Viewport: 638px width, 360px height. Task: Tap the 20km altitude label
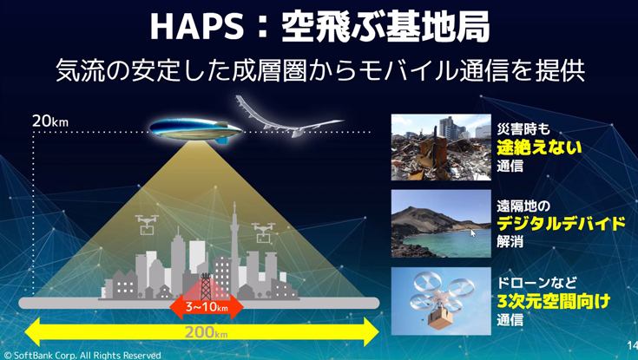point(50,121)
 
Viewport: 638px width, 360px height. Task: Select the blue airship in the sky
point(196,129)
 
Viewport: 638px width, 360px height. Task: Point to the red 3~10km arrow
point(207,307)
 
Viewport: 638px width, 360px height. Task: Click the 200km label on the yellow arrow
point(207,332)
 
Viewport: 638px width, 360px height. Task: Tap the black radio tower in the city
point(206,286)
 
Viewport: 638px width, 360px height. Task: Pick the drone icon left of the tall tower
point(147,225)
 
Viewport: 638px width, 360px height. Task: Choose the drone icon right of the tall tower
point(263,232)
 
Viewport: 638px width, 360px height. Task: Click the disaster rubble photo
point(441,147)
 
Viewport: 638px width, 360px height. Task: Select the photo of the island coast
point(441,223)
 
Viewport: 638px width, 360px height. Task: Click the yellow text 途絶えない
point(539,147)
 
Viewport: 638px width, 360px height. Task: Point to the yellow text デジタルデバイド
point(561,224)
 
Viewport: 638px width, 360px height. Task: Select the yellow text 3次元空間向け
point(554,301)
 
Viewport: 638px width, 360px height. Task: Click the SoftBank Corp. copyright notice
point(82,355)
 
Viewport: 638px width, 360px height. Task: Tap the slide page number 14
point(632,346)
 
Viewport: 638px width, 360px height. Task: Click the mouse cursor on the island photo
point(473,233)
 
